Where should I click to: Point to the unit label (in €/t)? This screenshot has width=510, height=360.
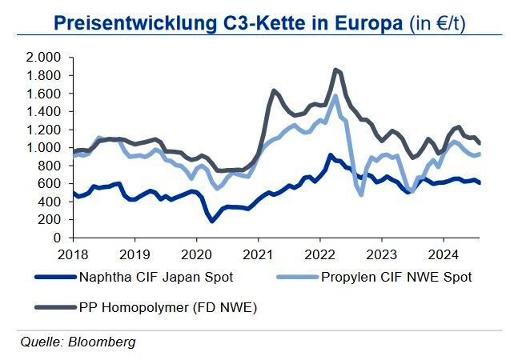click(x=437, y=22)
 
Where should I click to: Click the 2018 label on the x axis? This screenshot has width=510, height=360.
click(x=73, y=252)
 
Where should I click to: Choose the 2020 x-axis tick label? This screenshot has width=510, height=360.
click(x=195, y=252)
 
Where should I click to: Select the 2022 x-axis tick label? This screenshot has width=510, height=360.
click(x=319, y=252)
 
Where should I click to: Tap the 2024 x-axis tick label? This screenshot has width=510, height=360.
click(x=443, y=252)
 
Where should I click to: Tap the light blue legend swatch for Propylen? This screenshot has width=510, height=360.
click(x=296, y=278)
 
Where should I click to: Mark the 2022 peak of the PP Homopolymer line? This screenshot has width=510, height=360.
click(x=335, y=70)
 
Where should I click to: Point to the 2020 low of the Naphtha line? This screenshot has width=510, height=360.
click(x=212, y=220)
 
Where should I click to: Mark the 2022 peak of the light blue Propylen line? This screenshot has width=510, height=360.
click(x=335, y=96)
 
